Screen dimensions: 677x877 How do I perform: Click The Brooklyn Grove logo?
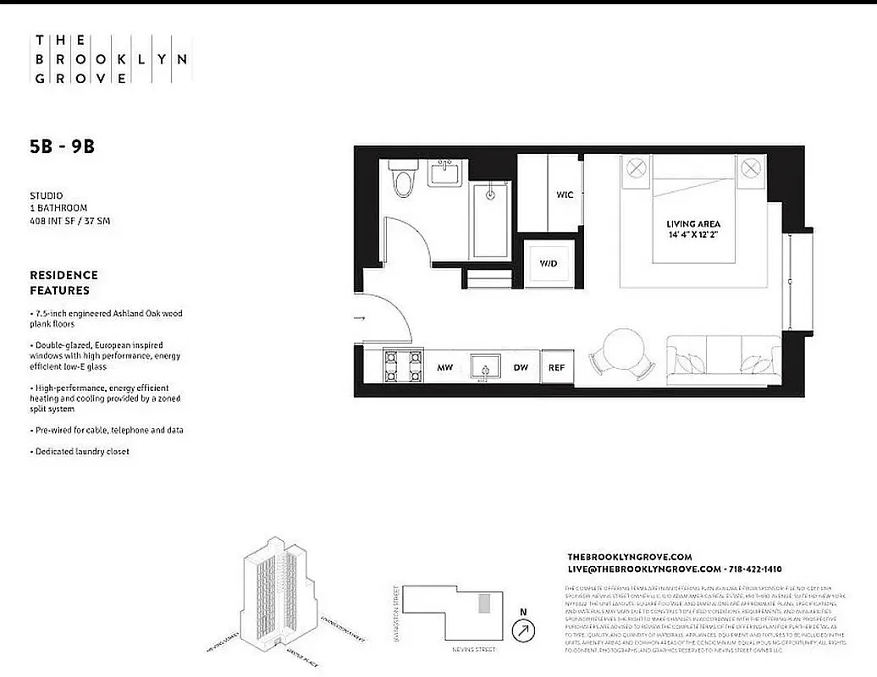tap(110, 59)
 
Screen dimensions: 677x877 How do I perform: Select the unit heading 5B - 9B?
tap(62, 146)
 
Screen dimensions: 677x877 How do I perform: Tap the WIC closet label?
tap(565, 195)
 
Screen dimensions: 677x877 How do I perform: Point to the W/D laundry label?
tap(549, 263)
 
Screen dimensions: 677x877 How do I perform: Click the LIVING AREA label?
tap(692, 223)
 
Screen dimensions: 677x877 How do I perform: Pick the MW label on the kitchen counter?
tap(444, 368)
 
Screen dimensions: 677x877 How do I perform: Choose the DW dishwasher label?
tap(521, 368)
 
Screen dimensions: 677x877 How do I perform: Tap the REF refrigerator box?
tap(556, 368)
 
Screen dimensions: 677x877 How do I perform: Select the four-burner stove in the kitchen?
tap(403, 367)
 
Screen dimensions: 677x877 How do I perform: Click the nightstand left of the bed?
tap(636, 169)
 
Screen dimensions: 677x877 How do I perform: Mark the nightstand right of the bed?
tap(749, 169)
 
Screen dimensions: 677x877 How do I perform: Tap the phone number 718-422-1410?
tap(753, 570)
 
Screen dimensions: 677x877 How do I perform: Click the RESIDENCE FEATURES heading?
tap(63, 283)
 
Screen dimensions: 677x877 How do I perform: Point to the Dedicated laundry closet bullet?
tap(82, 452)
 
